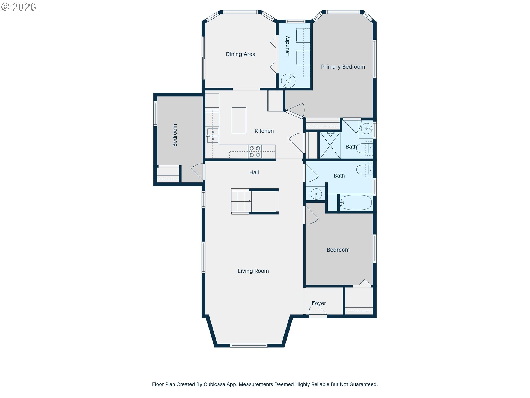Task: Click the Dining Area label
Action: [240, 54]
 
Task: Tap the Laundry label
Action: [287, 46]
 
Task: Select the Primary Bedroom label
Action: [343, 67]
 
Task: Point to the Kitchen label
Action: [264, 131]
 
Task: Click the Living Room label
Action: [253, 271]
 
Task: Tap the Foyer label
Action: [319, 303]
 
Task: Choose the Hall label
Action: [254, 172]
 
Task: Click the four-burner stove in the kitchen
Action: [255, 152]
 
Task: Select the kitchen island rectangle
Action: [239, 120]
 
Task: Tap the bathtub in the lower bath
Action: [356, 203]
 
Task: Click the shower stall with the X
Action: [330, 145]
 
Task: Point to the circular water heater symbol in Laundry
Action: [288, 81]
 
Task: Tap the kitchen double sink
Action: [213, 135]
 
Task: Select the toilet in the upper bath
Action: [365, 148]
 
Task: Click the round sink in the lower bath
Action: [316, 194]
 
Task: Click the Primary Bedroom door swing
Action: [295, 110]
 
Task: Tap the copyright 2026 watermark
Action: [19, 7]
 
